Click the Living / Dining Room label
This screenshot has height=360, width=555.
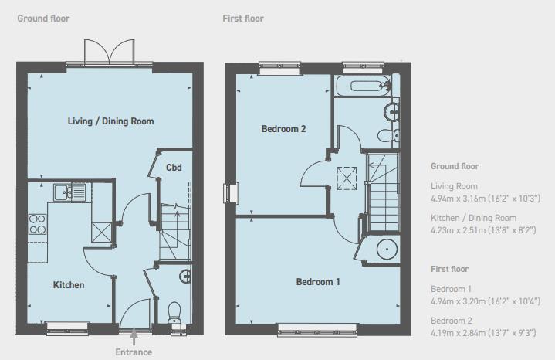[x=110, y=121]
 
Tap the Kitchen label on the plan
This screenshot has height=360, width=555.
[x=68, y=285]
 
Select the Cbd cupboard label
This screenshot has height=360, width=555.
[x=174, y=168]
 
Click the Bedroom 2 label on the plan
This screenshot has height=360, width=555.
[x=283, y=129]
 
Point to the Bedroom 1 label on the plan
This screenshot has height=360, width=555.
[x=318, y=282]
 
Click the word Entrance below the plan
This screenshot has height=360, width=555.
[x=134, y=352]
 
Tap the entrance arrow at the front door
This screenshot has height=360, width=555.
[x=134, y=336]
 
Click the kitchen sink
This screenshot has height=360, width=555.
[x=69, y=192]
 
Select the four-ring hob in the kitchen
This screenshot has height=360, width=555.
[x=37, y=223]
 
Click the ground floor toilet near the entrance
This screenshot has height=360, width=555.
[x=174, y=311]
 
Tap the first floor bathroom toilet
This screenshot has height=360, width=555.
[x=387, y=136]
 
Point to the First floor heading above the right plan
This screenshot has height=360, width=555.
[x=242, y=18]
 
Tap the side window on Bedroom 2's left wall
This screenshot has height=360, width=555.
[x=228, y=192]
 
